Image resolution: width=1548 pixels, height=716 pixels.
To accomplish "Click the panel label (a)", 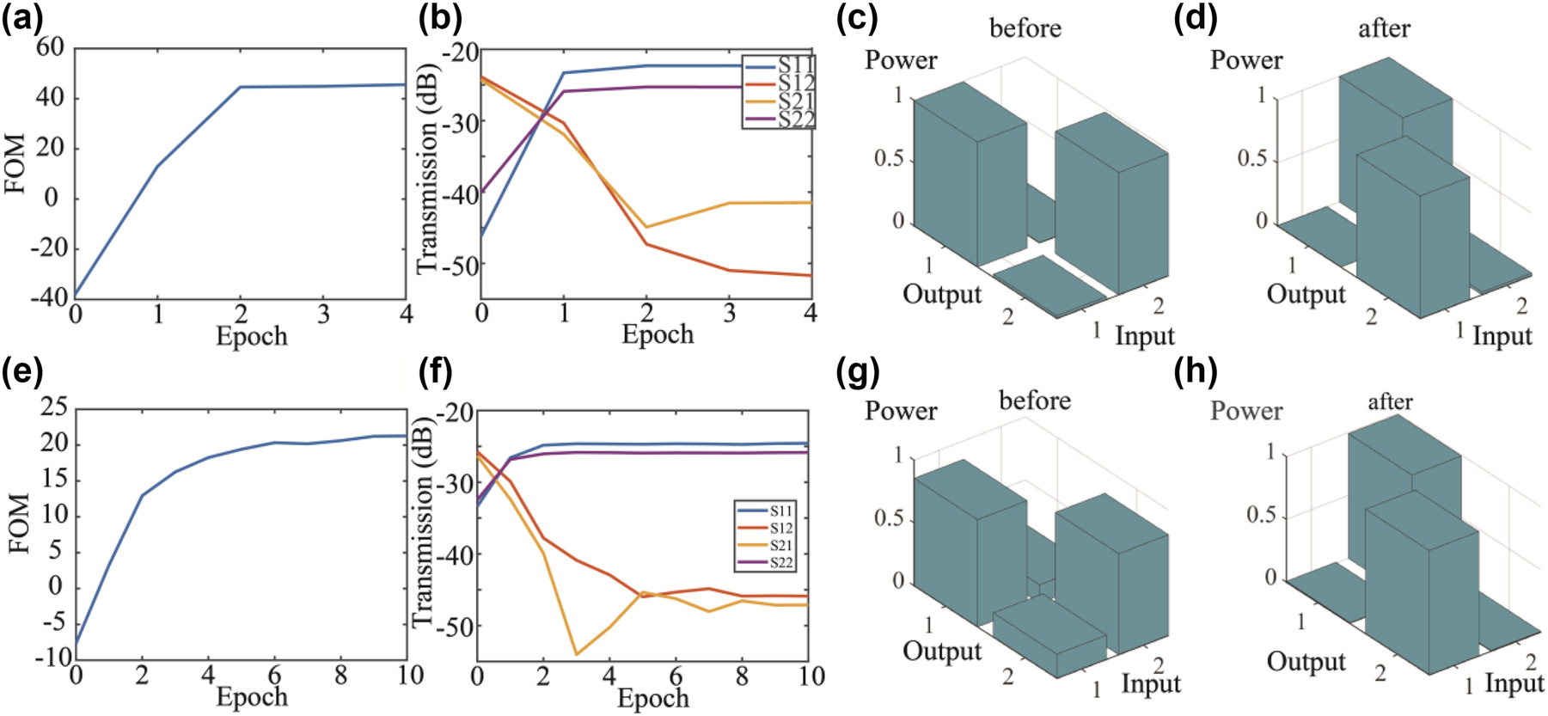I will click(23, 18).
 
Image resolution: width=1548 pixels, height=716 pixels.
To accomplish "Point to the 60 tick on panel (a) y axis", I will click(50, 47).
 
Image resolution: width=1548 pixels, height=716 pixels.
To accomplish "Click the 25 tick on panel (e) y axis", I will click(53, 407).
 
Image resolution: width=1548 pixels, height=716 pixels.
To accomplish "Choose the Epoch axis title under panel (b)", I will click(658, 334).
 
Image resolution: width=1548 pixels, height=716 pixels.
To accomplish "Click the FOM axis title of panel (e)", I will click(19, 523).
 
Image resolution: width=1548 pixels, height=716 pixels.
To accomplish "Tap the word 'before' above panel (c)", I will click(1025, 28).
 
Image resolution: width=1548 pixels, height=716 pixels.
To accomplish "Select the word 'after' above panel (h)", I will click(1390, 401).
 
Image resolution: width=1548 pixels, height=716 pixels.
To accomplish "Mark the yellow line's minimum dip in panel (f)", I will click(576, 655).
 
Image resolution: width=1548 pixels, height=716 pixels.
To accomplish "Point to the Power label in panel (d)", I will click(1245, 60).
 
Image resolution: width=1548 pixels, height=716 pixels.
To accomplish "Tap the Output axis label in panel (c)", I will click(941, 294).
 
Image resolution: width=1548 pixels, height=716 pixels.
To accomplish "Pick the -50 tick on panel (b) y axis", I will click(459, 266).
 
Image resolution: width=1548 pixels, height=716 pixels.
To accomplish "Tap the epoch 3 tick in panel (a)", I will click(323, 315).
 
